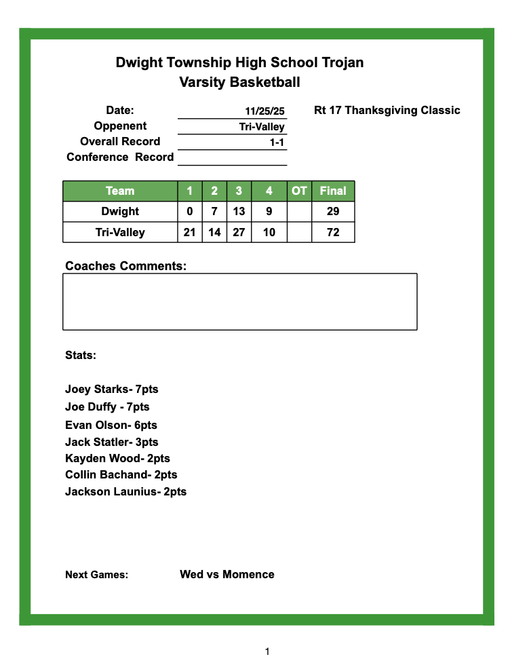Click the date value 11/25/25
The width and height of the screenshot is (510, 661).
tap(264, 111)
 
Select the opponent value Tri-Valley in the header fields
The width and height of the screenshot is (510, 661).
tap(262, 127)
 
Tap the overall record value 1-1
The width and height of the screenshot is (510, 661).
tap(276, 143)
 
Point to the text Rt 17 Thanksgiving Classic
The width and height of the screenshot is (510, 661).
tap(387, 110)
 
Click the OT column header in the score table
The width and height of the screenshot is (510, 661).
tap(299, 191)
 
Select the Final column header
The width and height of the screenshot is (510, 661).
tap(333, 191)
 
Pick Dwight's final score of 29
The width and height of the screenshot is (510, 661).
tap(333, 212)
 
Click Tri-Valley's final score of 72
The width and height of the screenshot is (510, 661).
tap(333, 233)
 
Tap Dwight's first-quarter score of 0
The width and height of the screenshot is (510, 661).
tap(190, 212)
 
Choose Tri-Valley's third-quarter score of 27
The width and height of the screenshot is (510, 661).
tap(239, 233)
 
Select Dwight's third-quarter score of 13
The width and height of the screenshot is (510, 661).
tap(239, 212)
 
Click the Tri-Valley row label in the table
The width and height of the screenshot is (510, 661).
tap(120, 233)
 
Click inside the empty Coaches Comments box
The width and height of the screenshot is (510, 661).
tap(239, 302)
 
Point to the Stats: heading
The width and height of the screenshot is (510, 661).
tap(81, 355)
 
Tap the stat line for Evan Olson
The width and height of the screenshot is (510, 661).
tap(111, 425)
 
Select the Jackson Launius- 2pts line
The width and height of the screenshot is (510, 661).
tap(125, 491)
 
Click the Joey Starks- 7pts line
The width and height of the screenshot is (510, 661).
tap(111, 390)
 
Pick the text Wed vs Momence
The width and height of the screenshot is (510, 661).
tap(227, 574)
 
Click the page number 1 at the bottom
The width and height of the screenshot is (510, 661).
tap(267, 651)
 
